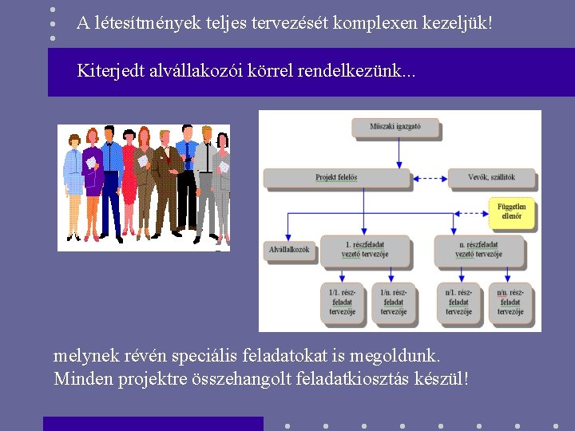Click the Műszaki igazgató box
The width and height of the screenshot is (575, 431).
pos(395,128)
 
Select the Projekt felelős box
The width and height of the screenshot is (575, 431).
pos(336,177)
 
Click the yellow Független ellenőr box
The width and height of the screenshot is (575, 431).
pos(510,212)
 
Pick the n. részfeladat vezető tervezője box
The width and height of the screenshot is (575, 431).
pos(479,250)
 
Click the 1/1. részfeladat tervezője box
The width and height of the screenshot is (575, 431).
pos(342,302)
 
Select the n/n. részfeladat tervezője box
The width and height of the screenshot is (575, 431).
pos(510,302)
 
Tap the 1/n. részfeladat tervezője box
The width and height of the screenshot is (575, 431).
pos(393,302)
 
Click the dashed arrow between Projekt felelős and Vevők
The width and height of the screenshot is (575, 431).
pos(428,177)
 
